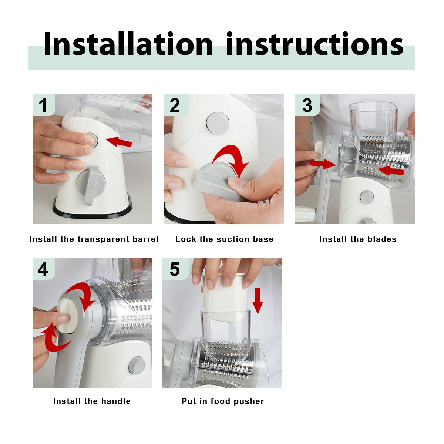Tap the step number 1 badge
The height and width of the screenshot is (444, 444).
tap(44, 105)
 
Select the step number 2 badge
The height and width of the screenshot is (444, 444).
tap(176, 105)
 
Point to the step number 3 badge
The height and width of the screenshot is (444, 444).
tap(307, 105)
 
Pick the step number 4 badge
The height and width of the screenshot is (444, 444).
tap(44, 269)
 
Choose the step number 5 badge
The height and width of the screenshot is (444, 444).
tap(175, 269)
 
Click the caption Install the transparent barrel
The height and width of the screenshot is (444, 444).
tap(94, 239)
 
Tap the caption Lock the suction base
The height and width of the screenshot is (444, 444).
tap(224, 239)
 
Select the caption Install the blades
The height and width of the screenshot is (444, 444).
tap(358, 239)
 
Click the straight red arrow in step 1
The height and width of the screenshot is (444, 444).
tap(119, 142)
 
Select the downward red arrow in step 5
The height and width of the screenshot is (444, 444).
tap(258, 301)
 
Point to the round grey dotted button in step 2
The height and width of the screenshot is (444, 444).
tap(217, 123)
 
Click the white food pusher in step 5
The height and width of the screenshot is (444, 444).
tap(225, 298)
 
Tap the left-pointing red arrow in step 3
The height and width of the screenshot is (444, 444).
tap(391, 171)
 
